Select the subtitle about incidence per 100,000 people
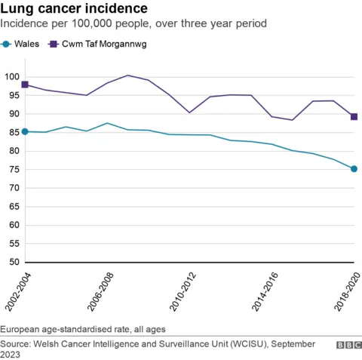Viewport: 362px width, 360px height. tap(133, 24)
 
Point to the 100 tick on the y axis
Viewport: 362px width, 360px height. tap(11, 77)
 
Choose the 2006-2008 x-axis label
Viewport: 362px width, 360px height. tap(103, 288)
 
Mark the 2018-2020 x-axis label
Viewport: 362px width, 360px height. tap(350, 288)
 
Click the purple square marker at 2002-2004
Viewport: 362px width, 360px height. tap(25, 85)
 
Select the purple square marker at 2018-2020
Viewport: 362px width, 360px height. tap(354, 116)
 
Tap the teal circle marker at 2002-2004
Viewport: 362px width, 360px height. tap(25, 131)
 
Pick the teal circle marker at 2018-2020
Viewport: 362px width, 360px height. tap(354, 169)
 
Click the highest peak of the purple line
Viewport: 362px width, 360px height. tap(127, 75)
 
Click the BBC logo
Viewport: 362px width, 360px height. tap(348, 344)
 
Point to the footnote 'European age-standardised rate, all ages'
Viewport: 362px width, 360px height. tap(83, 330)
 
